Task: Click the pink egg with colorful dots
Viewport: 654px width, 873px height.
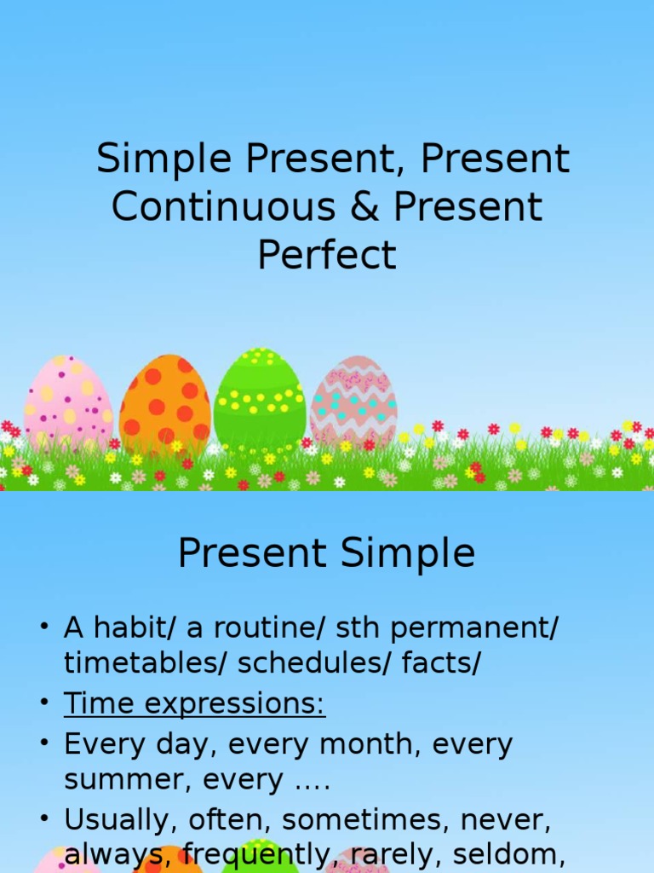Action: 68,402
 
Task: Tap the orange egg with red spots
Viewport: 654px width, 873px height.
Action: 165,402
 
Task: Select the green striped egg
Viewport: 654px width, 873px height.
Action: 259,399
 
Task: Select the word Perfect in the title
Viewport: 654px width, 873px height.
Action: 327,255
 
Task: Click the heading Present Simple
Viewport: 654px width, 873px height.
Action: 326,554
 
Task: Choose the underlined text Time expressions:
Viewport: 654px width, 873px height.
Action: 194,704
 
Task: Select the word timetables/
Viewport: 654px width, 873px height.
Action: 145,664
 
